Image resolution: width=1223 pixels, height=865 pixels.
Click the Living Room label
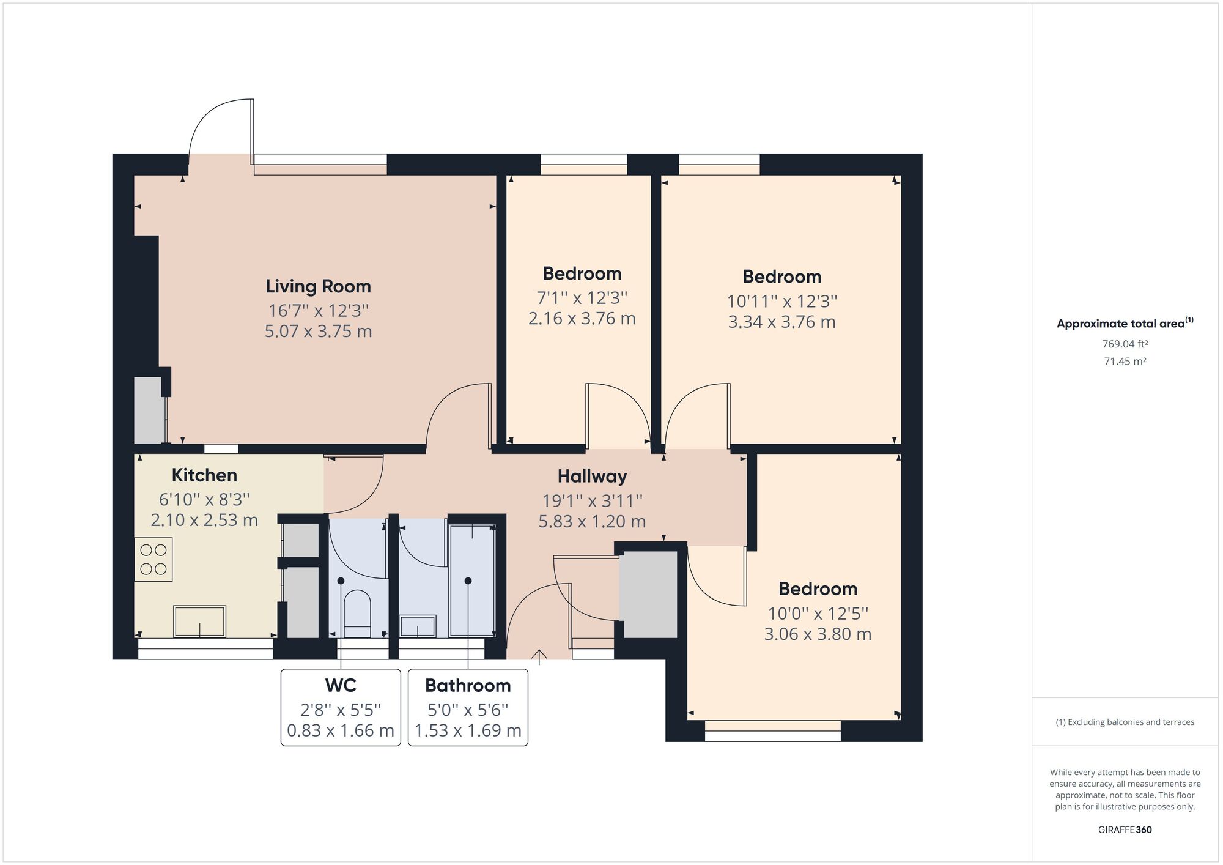318,286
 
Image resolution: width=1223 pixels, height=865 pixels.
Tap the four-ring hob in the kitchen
153,559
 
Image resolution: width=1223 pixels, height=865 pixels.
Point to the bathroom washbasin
418,626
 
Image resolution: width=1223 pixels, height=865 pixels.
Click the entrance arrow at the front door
539,656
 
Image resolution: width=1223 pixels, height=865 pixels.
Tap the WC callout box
341,707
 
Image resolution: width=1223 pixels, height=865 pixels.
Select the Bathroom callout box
468,707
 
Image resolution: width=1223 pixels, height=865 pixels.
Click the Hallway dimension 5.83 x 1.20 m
592,521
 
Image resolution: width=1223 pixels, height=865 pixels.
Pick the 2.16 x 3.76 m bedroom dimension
582,319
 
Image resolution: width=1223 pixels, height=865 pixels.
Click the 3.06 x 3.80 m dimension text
818,634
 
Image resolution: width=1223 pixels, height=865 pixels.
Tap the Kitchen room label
204,475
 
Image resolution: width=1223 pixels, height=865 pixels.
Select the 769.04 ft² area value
1125,344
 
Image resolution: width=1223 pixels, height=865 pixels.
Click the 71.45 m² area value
1125,361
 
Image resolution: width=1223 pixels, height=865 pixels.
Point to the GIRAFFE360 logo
1125,830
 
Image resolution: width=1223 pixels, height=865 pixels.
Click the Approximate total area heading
1125,324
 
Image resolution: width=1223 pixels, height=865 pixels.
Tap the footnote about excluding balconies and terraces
1125,722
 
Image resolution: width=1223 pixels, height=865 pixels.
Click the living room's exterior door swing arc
208,119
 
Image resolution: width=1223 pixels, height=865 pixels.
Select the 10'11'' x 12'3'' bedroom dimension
781,301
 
